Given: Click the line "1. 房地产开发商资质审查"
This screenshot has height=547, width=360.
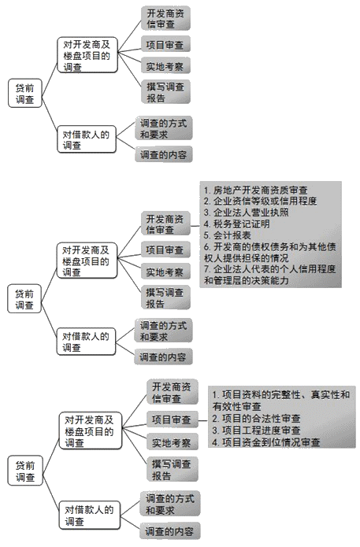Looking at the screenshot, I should [254, 190].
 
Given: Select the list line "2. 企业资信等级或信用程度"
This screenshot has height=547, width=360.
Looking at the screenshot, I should [260, 201].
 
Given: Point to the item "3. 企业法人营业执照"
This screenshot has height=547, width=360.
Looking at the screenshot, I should [246, 213].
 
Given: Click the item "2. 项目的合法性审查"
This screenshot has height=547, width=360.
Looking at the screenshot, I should [256, 419].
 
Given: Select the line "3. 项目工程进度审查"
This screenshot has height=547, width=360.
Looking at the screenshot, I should [256, 431].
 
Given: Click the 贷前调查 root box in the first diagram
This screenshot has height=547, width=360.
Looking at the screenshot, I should [25, 94].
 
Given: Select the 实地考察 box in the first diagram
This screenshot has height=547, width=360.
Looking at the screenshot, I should [165, 65].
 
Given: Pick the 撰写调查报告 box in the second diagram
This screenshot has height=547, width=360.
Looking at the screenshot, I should [165, 298].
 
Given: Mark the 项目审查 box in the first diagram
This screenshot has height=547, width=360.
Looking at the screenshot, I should [165, 44].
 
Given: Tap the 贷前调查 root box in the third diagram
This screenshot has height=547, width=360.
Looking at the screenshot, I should [25, 471].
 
